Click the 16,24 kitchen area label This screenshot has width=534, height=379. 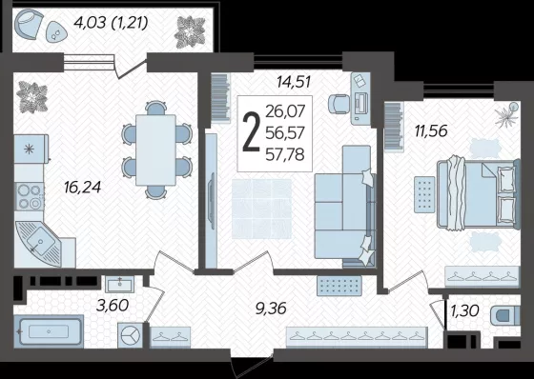click(x=82, y=188)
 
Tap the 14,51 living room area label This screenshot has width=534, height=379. click(x=294, y=82)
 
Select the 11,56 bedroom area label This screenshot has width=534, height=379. click(x=431, y=130)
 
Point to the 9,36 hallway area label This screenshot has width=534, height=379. click(x=271, y=309)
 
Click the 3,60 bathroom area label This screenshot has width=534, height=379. click(x=113, y=305)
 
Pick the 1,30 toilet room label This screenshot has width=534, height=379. click(x=465, y=310)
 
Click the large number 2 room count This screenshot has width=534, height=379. click(x=250, y=132)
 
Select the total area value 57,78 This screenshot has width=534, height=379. click(x=285, y=155)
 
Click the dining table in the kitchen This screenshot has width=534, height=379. click(x=155, y=150)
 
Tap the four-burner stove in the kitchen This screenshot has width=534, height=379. click(x=30, y=197)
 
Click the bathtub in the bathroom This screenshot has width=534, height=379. click(x=49, y=331)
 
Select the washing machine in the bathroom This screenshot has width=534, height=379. click(x=131, y=335)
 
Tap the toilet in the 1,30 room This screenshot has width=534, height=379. click(x=505, y=317)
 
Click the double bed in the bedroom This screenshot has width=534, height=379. click(x=479, y=193)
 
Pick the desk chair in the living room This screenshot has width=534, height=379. click(x=339, y=104)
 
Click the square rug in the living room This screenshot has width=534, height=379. click(x=262, y=209)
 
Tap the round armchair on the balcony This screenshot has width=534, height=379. click(x=29, y=24)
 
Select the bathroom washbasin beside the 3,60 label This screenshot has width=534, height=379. click(x=119, y=284)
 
